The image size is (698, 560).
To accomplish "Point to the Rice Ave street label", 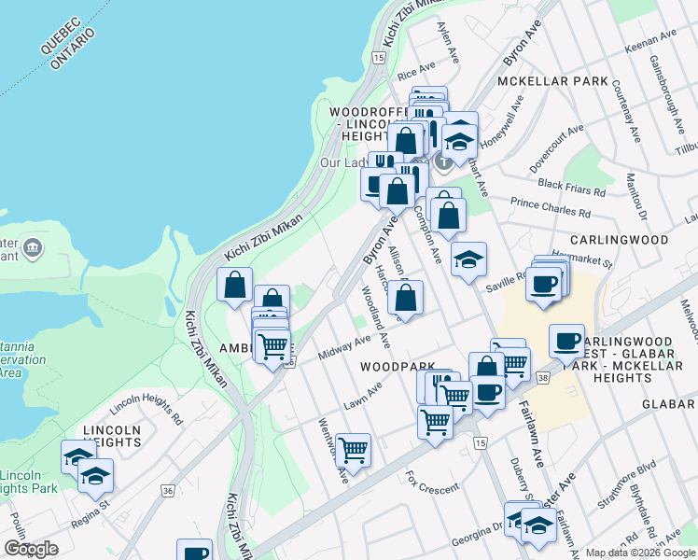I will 416,71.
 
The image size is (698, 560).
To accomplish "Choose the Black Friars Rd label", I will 571,185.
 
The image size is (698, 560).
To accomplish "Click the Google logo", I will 31,549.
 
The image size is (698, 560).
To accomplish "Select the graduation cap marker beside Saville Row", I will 468,258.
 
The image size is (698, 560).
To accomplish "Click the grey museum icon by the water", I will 34,247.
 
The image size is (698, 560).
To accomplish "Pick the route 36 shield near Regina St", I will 168,490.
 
